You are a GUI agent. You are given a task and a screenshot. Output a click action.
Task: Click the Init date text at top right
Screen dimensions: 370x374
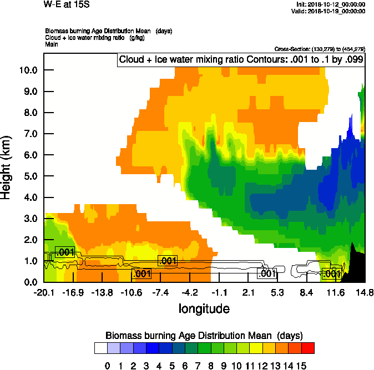(x=331, y=4)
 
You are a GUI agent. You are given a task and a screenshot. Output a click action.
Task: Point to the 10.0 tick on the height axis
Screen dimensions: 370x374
(x=27, y=70)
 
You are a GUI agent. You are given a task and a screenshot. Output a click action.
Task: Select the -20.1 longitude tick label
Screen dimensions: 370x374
(x=44, y=292)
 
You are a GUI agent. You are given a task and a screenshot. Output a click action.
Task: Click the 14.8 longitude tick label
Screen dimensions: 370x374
(x=364, y=292)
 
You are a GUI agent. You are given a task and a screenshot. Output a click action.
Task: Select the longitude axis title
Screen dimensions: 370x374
(x=204, y=308)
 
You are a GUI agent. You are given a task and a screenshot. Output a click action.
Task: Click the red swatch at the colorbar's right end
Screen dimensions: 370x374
(x=309, y=348)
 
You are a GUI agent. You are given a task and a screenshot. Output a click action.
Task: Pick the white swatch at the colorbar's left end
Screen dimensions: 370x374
(x=100, y=348)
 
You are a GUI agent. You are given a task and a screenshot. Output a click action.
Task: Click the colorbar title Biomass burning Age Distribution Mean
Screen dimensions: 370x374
(x=203, y=336)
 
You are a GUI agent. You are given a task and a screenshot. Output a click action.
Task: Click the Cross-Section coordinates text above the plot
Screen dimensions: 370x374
(x=320, y=49)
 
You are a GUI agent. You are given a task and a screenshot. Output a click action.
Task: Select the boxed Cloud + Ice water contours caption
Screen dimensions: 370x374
(x=241, y=60)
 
